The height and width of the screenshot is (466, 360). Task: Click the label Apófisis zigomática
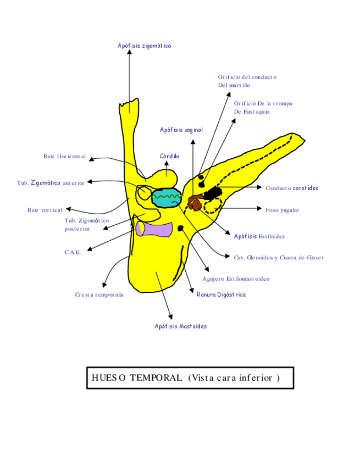144,46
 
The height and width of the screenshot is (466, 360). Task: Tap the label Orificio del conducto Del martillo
247,81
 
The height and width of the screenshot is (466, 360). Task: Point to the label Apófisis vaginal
181,130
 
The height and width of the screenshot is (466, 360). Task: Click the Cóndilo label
169,157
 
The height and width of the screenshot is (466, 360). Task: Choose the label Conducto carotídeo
292,188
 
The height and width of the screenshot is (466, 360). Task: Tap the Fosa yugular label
283,209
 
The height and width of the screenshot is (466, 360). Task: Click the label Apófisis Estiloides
259,236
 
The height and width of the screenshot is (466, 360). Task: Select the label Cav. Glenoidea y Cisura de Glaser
279,257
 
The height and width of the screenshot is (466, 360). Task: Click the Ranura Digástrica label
221,295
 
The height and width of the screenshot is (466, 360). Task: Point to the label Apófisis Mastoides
180,326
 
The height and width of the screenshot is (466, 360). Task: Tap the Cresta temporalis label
99,295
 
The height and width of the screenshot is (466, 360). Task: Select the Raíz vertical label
45,210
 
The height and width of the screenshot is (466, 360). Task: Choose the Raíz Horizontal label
64,157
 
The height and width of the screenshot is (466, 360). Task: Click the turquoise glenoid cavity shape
167,198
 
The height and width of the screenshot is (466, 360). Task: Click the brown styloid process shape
195,203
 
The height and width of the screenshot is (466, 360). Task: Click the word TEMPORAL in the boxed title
156,378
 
